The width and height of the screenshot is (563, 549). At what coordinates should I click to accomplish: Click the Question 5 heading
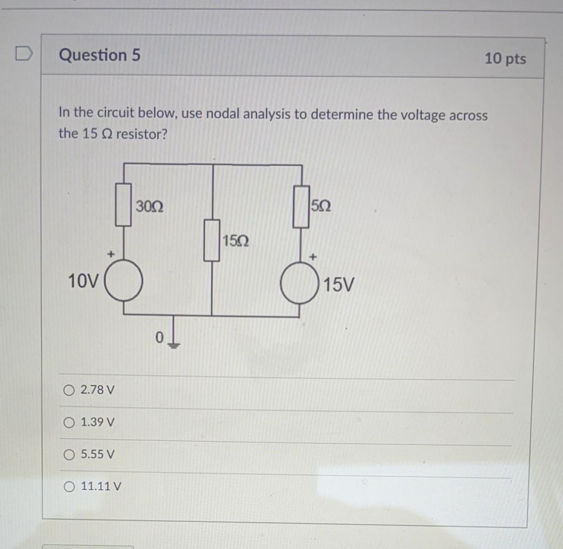[100, 55]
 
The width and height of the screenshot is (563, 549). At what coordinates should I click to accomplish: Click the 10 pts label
[505, 59]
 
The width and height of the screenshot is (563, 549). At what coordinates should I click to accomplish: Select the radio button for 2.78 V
[69, 390]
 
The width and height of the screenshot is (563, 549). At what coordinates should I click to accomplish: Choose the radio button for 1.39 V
[69, 422]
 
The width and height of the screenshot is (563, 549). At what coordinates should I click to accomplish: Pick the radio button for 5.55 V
[69, 453]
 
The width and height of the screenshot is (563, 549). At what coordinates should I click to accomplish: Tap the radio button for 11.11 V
[69, 486]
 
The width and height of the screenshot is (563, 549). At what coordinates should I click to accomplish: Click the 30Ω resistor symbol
[124, 204]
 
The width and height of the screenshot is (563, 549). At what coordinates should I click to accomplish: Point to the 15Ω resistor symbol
[212, 240]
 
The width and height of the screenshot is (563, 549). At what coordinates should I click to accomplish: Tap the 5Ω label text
[321, 206]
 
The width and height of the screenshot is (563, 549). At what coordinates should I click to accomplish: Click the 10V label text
[84, 281]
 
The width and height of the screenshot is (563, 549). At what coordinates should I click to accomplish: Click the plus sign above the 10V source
[109, 253]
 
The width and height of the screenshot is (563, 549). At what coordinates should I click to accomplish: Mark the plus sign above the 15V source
[314, 258]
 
